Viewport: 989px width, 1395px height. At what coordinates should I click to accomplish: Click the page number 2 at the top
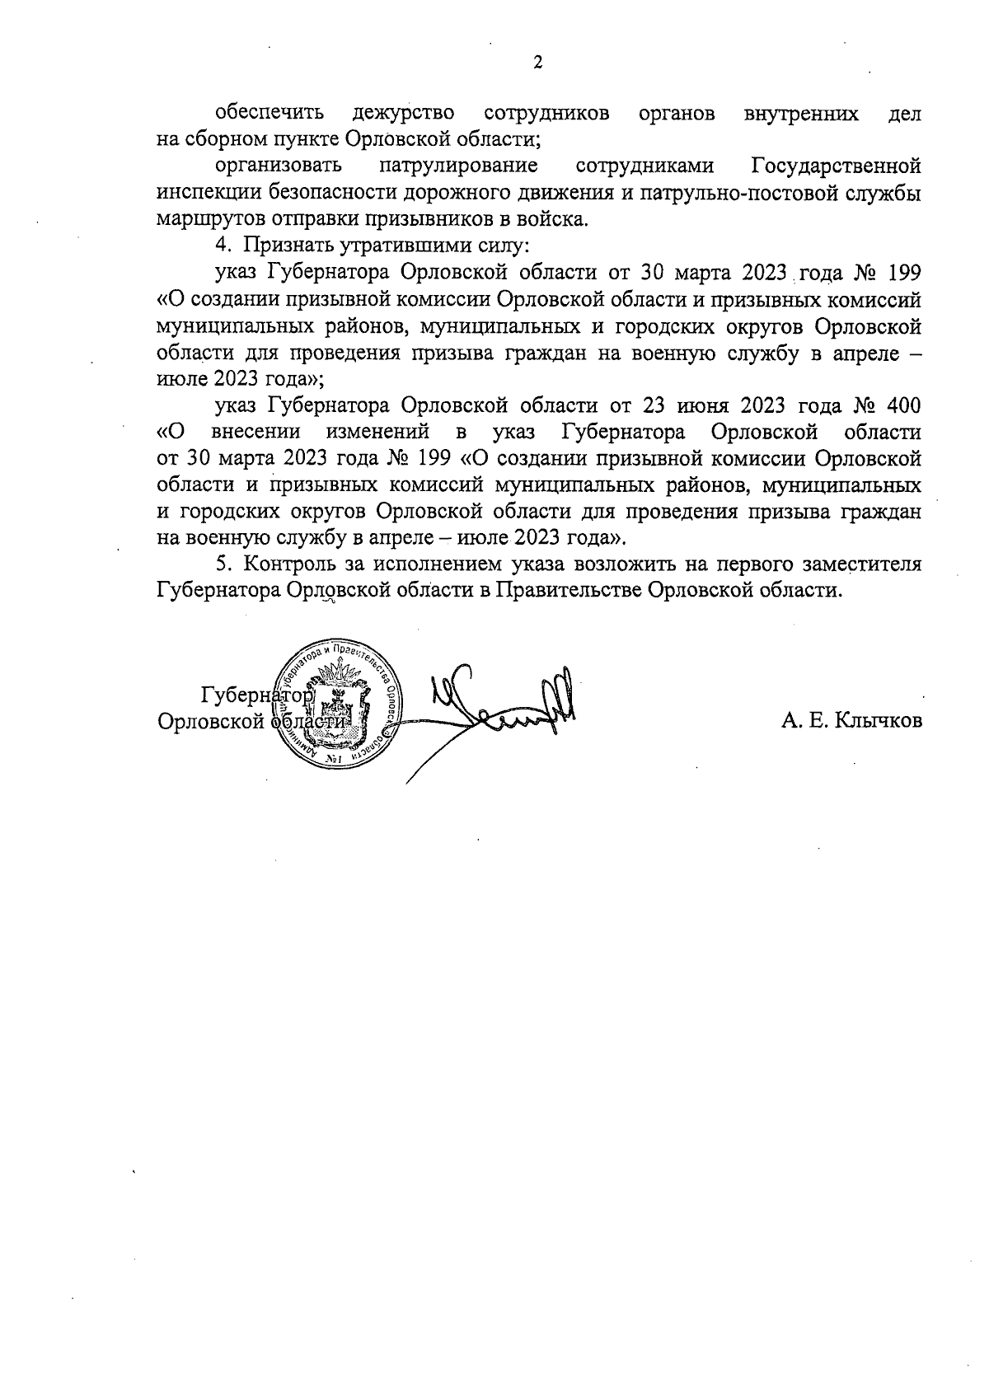click(x=538, y=63)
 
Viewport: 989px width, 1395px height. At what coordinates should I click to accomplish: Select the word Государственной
click(x=837, y=166)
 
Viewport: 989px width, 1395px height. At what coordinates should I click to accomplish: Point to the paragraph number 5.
click(x=220, y=564)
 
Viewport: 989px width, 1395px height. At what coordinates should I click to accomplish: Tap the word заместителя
click(x=861, y=564)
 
